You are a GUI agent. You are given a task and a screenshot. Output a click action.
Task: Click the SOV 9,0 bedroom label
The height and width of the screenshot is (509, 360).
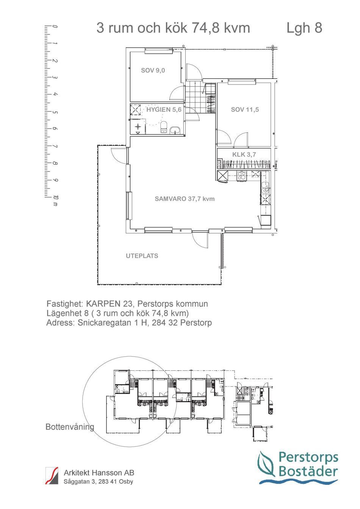click(x=153, y=70)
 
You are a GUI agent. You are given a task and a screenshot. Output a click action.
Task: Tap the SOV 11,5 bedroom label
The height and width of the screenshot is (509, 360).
click(x=245, y=110)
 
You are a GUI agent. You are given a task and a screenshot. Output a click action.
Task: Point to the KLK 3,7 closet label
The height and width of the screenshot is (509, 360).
click(x=244, y=155)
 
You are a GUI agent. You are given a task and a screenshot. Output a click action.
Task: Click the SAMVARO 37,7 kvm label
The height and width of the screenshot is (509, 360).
click(x=185, y=199)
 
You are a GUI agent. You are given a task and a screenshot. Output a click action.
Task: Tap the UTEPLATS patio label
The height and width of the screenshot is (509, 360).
click(x=142, y=256)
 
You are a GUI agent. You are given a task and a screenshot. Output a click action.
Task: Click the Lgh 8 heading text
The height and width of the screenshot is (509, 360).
click(x=304, y=28)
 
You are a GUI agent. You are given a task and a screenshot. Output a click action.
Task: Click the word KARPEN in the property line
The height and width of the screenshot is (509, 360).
click(x=103, y=304)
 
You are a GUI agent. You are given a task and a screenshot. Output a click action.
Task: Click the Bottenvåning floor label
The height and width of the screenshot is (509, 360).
click(x=70, y=427)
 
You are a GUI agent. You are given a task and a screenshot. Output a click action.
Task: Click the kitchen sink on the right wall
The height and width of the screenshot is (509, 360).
click(x=266, y=186)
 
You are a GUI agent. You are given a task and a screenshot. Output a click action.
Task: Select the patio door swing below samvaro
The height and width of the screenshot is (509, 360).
click(x=200, y=240)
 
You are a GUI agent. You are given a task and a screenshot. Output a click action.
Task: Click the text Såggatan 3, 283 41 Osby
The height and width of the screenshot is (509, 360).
click(x=99, y=482)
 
